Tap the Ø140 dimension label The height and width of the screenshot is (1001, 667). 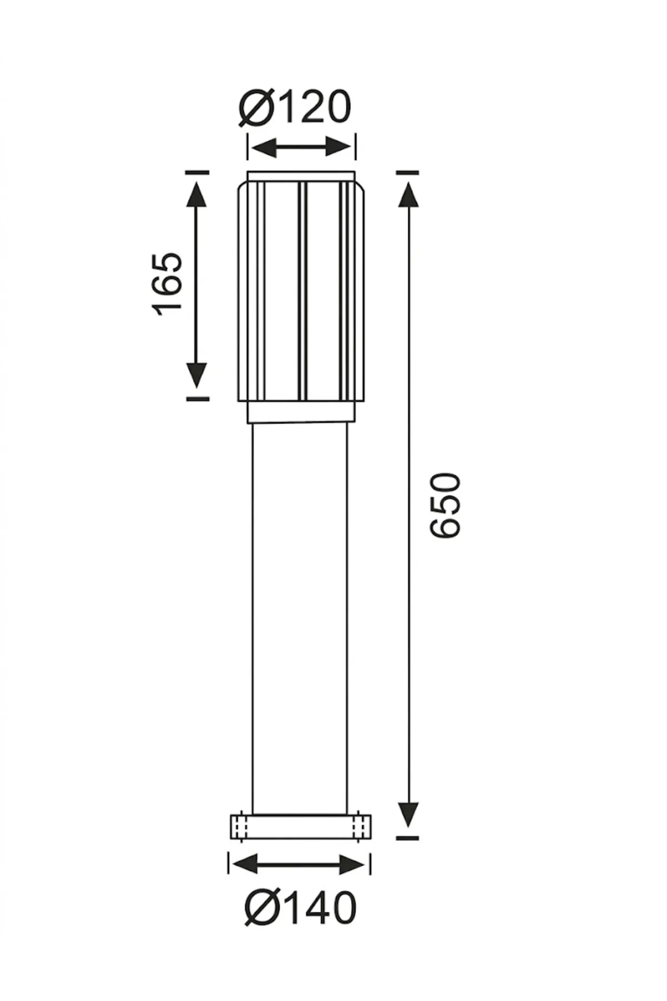pos(300,908)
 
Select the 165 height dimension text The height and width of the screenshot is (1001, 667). pos(167,284)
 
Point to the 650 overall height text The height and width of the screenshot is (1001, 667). pos(445,505)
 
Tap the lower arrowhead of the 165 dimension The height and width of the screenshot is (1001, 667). pos(197,375)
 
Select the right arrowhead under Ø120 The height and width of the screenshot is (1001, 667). pos(340,148)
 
